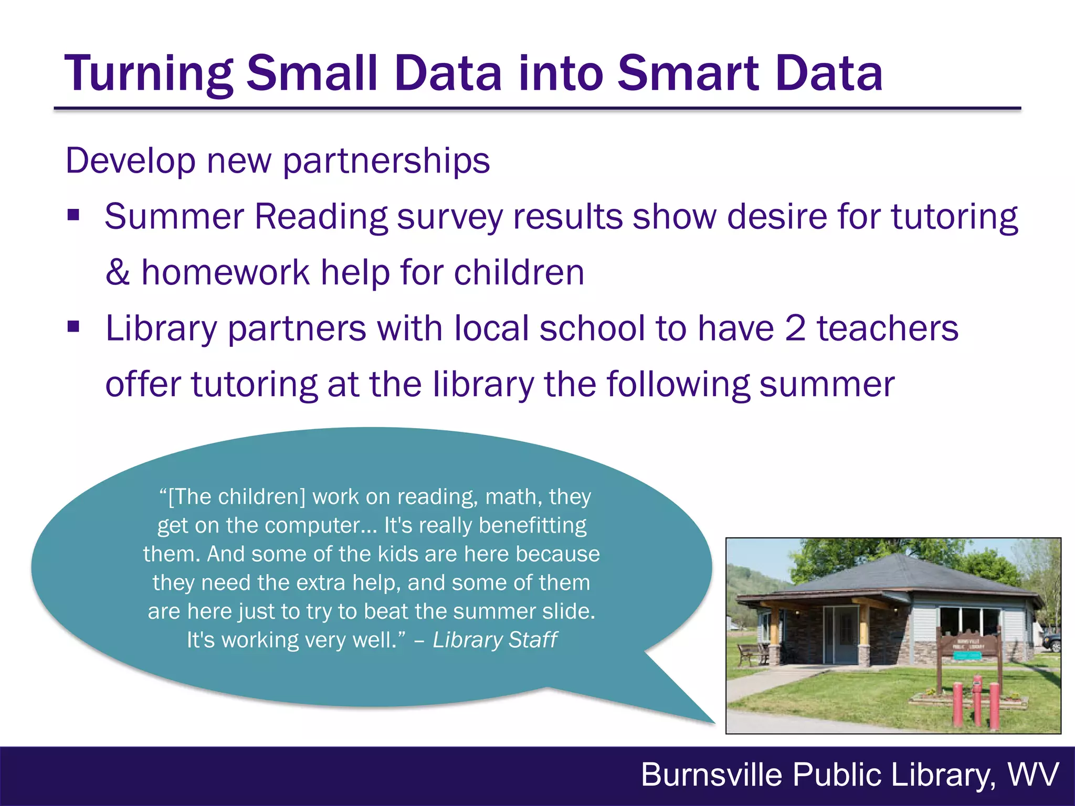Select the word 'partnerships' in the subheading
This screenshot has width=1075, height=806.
(386, 161)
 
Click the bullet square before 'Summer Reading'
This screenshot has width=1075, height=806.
(73, 215)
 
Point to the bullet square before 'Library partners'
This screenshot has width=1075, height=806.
(73, 327)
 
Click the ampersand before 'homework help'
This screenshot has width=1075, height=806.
(118, 272)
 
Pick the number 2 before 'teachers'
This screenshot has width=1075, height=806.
(795, 328)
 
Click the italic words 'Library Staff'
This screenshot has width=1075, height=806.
(494, 640)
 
